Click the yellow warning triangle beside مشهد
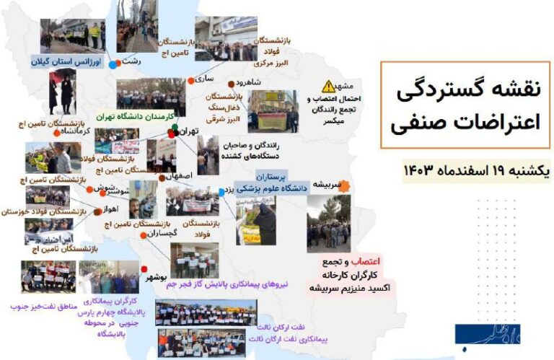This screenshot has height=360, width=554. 329,86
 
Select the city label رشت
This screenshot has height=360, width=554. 131,63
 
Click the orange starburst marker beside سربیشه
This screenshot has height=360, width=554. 345,186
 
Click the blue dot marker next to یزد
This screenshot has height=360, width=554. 221,191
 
